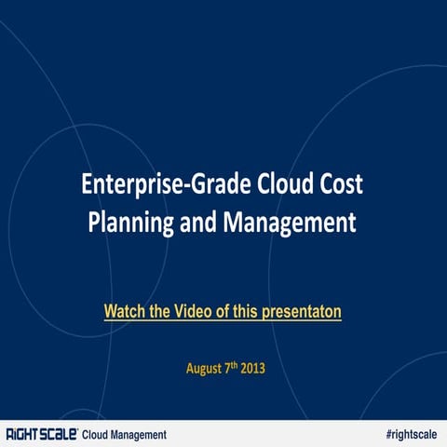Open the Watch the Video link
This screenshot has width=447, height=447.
pos(223,309)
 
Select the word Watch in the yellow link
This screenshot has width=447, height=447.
pos(124,309)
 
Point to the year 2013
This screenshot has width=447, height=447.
pos(252,368)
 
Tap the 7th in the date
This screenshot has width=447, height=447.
pos(230,367)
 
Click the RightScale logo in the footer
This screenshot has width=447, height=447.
pos(40,434)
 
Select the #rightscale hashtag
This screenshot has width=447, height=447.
pos(410,434)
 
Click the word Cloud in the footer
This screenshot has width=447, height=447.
pos(98,434)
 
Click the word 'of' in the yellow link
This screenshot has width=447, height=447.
pos(217,309)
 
